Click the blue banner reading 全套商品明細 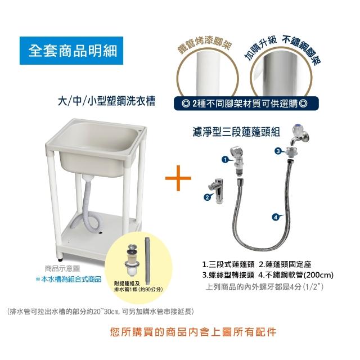click(71, 51)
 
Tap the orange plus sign click(178, 178)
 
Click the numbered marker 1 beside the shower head click(225, 159)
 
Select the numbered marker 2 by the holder click(208, 197)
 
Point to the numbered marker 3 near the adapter click(278, 151)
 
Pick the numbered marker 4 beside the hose click(276, 217)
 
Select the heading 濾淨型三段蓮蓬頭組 click(236, 132)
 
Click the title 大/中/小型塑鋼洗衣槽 click(106, 101)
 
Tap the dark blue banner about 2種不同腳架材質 click(246, 103)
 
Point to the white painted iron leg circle click(208, 74)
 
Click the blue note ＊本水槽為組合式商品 click(69, 280)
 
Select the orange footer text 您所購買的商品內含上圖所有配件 click(193, 332)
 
